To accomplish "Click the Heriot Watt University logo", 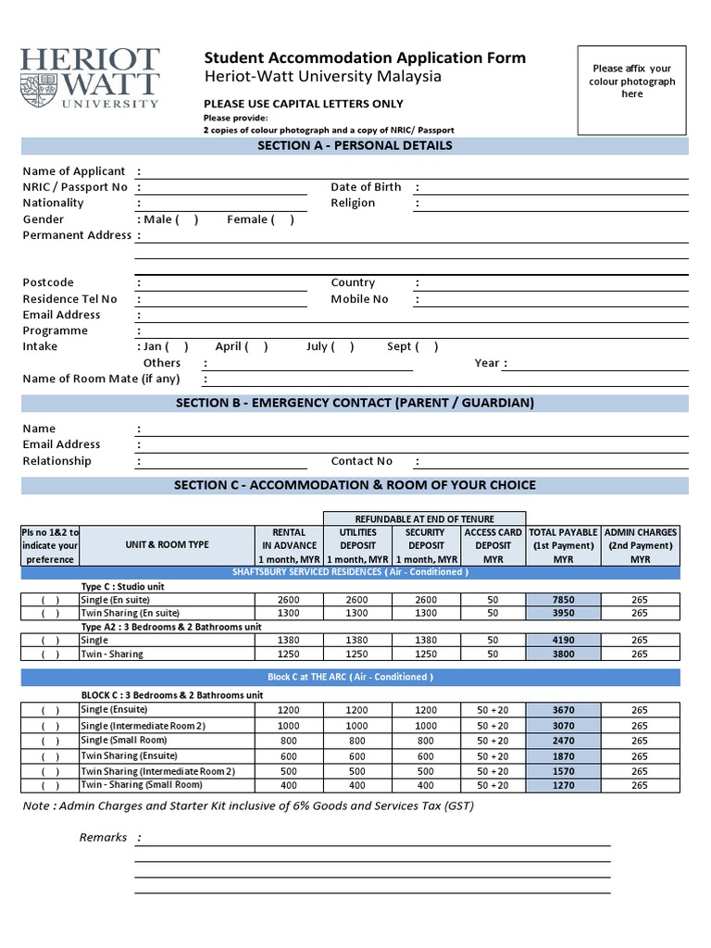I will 90,80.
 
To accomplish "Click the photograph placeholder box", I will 632,90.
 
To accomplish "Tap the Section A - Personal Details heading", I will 355,145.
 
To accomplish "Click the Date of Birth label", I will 366,187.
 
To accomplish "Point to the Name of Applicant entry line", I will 411,172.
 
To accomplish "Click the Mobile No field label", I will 359,299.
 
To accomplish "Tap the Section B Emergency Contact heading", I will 355,403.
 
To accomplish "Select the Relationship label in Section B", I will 56,461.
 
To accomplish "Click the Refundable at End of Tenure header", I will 424,518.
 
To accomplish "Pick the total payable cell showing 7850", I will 563,600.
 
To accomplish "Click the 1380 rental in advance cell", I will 289,640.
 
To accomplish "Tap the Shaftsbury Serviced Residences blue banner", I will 355,572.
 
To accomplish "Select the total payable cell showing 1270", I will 563,785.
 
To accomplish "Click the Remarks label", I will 103,838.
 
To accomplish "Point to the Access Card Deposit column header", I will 493,545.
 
